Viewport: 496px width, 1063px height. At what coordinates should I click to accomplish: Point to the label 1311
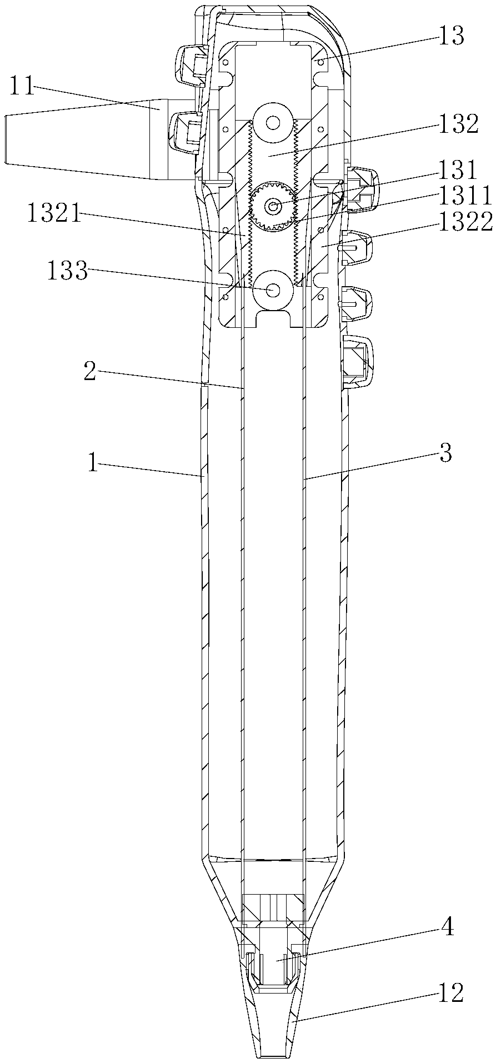(464, 196)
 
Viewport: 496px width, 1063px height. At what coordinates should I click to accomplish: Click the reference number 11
(21, 87)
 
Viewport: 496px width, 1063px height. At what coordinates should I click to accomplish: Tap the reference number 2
(91, 372)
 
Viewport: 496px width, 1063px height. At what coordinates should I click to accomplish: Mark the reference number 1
(93, 463)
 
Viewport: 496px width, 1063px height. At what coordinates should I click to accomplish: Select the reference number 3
(445, 453)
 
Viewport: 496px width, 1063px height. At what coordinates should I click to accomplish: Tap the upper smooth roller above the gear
(273, 122)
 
